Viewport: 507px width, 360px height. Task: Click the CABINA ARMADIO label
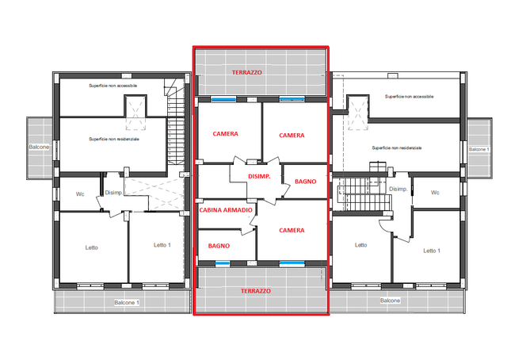click(x=226, y=210)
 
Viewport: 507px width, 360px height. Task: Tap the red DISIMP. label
click(x=259, y=177)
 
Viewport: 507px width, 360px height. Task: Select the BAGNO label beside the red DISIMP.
click(x=305, y=182)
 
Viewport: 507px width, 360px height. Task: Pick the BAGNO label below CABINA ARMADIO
click(x=219, y=246)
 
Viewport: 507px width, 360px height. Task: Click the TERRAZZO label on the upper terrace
click(x=246, y=72)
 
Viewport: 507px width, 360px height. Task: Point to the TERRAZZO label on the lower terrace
click(x=256, y=291)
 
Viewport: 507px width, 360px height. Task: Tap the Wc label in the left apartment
click(x=80, y=194)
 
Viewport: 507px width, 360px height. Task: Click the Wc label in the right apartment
click(x=435, y=193)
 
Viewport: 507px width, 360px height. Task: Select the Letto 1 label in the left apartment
click(x=162, y=245)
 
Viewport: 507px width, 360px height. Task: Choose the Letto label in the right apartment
click(x=360, y=245)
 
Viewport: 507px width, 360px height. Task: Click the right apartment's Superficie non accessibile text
click(x=409, y=97)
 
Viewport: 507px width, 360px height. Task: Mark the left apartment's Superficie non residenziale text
click(x=114, y=140)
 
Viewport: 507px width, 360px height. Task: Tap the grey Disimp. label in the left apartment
click(x=113, y=193)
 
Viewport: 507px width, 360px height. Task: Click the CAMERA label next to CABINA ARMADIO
click(x=292, y=230)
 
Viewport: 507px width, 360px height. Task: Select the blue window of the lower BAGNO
click(x=223, y=263)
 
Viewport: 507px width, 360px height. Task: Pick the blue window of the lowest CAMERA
click(x=292, y=263)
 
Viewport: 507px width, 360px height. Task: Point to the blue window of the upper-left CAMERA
click(x=223, y=99)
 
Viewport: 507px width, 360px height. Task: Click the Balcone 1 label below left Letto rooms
click(x=127, y=303)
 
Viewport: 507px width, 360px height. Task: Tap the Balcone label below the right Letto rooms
click(x=390, y=301)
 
